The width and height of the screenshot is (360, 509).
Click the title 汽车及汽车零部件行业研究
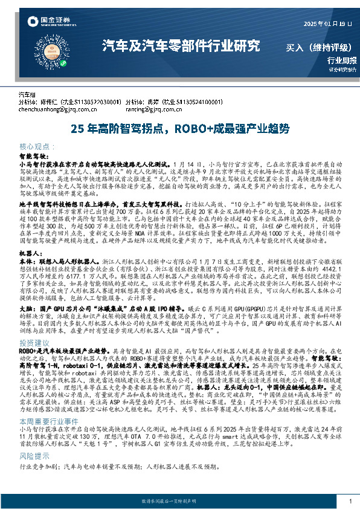[181, 45]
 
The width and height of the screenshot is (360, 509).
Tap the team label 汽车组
[28, 95]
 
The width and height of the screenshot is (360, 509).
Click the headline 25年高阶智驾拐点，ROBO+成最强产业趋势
[180, 129]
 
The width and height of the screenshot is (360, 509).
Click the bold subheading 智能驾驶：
[35, 155]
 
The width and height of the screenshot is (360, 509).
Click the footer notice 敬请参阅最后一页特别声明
[180, 502]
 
